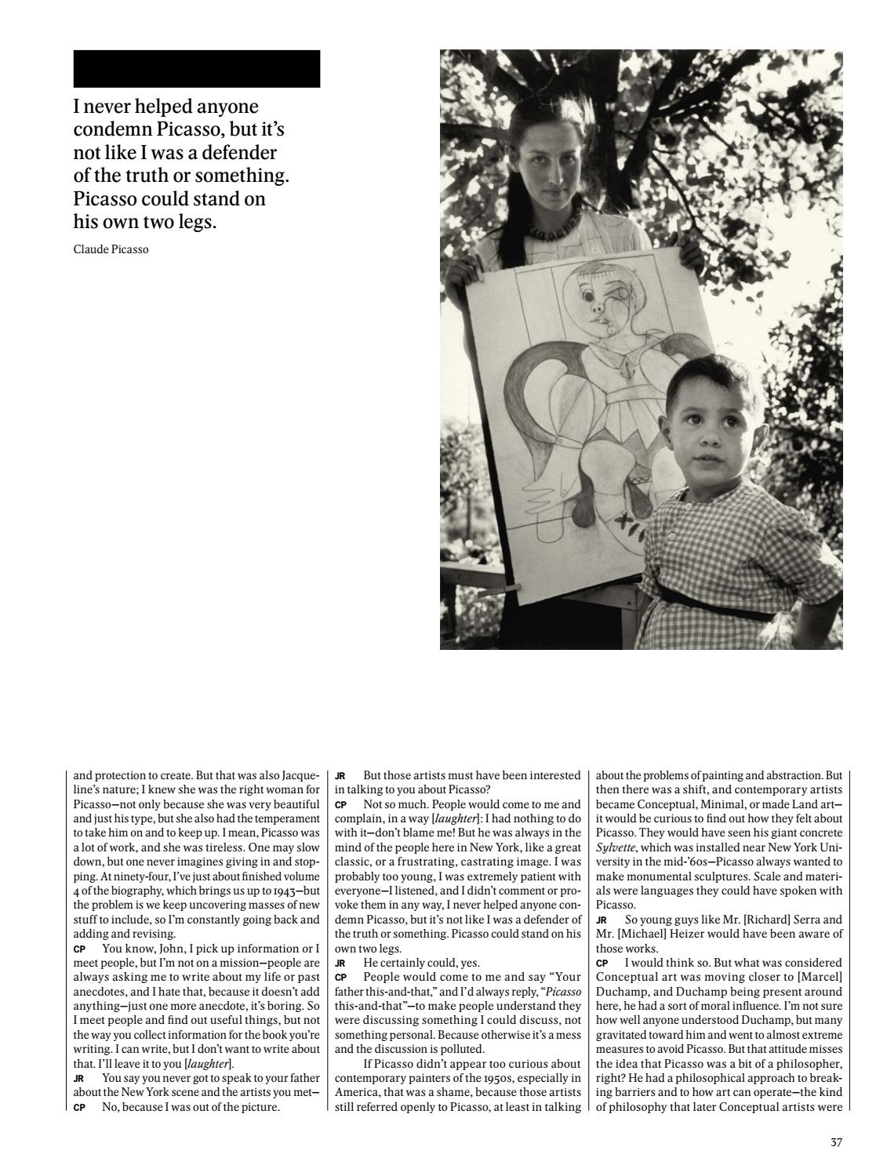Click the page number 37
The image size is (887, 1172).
pyautogui.click(x=836, y=1142)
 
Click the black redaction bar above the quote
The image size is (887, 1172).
pyautogui.click(x=196, y=68)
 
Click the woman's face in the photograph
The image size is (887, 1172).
pyautogui.click(x=549, y=158)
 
